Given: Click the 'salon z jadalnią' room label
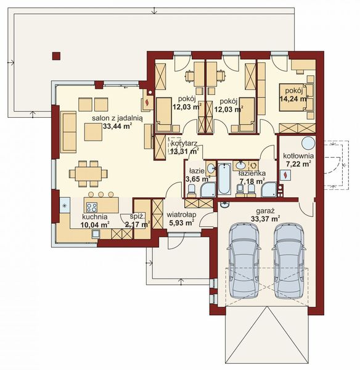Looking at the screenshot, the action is point(117,118).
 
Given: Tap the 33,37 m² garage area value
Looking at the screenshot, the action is point(266,219).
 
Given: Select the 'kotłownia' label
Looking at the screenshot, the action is point(298,156).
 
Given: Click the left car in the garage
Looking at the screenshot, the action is point(244,260).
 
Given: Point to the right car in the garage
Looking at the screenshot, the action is point(289,260).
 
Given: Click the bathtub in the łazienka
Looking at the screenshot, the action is point(224,178).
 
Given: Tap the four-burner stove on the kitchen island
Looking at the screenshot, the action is point(92,207).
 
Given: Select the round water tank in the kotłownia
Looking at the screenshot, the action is point(308,143).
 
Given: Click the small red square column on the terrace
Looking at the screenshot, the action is point(56,56).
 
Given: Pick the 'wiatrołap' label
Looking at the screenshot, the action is point(182,215).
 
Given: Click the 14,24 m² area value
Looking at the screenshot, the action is point(294,98).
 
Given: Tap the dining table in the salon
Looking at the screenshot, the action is point(88,174).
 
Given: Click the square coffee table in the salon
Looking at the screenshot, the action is point(94,132).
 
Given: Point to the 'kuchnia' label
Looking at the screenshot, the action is point(95,216).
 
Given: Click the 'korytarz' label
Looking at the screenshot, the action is point(184,143).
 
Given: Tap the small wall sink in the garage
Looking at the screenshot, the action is point(225,205).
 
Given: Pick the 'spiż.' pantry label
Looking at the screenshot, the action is point(137,216).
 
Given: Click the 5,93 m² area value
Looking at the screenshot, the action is point(182,222).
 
